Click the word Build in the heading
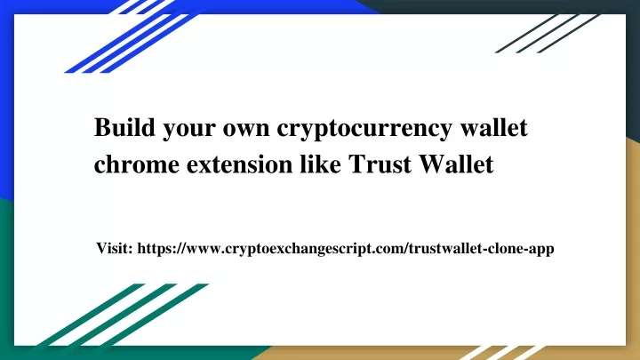tap(124, 127)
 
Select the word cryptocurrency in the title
tap(364, 130)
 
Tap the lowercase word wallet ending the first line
tap(494, 127)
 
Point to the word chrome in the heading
tap(136, 164)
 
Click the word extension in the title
tap(240, 165)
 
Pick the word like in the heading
tap(320, 164)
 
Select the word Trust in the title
tap(380, 164)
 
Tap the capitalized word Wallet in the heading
tap(456, 164)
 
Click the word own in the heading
tap(246, 129)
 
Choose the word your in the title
tap(189, 131)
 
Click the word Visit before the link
tap(115, 248)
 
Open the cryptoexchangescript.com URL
tap(325, 249)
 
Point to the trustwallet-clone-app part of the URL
tap(481, 249)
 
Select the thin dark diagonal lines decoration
tap(548, 34)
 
